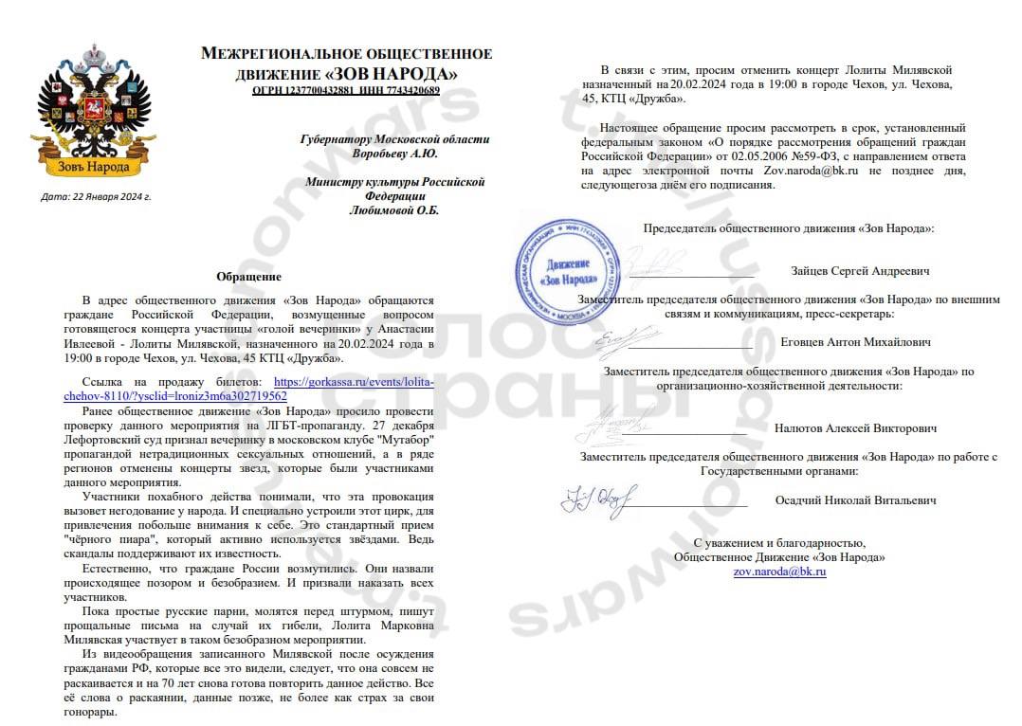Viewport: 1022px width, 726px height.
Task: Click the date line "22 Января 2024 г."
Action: click(x=97, y=197)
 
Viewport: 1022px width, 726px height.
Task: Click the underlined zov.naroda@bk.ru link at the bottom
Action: click(x=779, y=572)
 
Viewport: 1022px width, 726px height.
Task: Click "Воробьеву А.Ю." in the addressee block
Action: click(x=394, y=154)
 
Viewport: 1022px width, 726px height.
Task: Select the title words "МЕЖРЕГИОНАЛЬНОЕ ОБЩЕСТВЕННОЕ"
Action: click(x=346, y=54)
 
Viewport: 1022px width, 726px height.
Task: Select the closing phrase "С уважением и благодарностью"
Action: click(x=779, y=543)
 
